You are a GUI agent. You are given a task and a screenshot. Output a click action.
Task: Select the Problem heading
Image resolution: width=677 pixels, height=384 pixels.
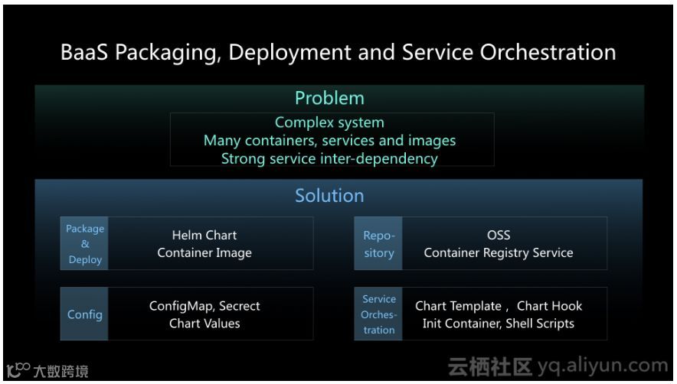(329, 98)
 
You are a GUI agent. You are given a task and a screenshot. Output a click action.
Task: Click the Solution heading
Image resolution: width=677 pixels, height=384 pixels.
(329, 195)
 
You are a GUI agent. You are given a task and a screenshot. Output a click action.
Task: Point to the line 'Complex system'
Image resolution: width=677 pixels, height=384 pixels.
(329, 122)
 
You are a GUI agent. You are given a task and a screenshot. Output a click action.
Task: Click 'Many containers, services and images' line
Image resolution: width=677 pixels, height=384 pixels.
(329, 141)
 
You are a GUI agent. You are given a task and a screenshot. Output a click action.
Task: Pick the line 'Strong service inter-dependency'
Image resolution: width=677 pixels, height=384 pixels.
(329, 159)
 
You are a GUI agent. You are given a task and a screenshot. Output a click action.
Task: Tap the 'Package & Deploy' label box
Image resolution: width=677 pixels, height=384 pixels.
(84, 244)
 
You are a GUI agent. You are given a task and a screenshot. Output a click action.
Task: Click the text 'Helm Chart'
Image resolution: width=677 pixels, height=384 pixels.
(204, 236)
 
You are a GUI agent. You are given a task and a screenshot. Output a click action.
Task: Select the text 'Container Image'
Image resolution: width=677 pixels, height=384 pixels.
(204, 253)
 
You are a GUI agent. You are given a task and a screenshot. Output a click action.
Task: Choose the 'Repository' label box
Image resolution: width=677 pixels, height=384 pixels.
(378, 244)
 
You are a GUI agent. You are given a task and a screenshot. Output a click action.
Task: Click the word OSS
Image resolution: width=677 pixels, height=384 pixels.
(499, 236)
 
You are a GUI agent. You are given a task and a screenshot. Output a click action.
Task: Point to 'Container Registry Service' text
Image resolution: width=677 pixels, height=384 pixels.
(499, 253)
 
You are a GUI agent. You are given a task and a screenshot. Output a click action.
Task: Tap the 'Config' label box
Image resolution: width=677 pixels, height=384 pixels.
(84, 314)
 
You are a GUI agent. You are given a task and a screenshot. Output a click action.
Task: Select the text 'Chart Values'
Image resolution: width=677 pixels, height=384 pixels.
(204, 324)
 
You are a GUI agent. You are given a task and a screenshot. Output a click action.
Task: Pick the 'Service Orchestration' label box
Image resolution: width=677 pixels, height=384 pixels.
(379, 314)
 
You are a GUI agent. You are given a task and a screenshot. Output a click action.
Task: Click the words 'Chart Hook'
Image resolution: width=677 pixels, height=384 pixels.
(549, 306)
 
